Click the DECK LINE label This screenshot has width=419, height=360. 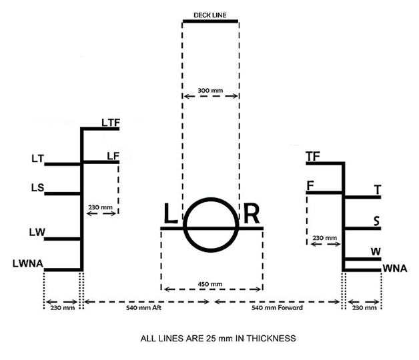click(210, 15)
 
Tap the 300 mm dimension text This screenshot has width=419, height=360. click(210, 91)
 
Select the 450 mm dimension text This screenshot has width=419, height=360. click(210, 284)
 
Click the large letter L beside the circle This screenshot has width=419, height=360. click(171, 213)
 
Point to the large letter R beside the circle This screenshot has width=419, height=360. click(252, 213)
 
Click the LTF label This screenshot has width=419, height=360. click(111, 123)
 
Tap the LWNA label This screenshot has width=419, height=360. click(28, 263)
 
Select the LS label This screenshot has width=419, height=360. click(37, 187)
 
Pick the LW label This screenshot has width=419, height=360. click(37, 233)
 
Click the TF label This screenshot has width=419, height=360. click(313, 157)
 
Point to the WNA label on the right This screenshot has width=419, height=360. click(395, 269)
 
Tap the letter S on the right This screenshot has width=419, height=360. click(376, 221)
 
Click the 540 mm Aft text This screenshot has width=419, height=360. click(143, 307)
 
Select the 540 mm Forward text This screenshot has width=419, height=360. click(277, 307)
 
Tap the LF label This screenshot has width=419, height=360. click(113, 156)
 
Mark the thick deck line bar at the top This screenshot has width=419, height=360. click(210, 21)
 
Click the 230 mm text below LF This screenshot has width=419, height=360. click(101, 207)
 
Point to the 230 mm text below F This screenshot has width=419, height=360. click(325, 238)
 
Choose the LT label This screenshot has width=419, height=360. click(37, 159)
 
